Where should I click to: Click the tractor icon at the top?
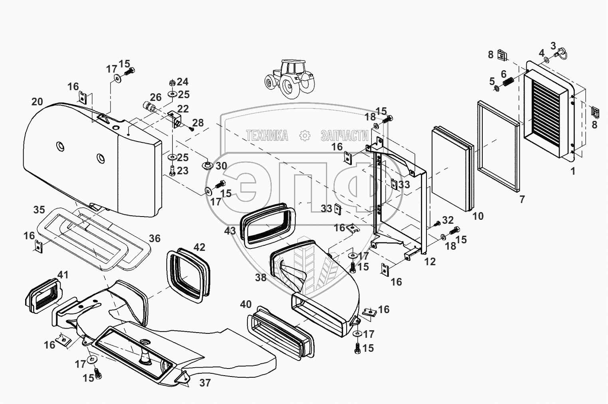tap(290, 79)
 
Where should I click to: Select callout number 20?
tap(37, 102)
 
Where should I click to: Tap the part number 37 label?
tap(205, 382)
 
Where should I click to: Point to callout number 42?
tap(199, 247)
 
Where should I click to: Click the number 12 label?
tap(430, 262)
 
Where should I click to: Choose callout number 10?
tap(478, 216)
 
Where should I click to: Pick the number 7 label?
tap(522, 199)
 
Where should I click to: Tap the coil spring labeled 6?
tap(508, 82)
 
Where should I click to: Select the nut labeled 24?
tap(172, 83)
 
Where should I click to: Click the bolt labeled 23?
tap(172, 171)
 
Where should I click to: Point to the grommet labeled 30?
tap(208, 165)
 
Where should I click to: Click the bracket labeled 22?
tap(174, 120)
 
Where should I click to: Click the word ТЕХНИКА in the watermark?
tap(266, 135)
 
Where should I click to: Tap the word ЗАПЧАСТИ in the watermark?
tap(344, 135)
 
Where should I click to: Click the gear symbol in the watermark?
tap(304, 135)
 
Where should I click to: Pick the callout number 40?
tap(246, 304)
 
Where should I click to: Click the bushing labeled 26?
tap(148, 107)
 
